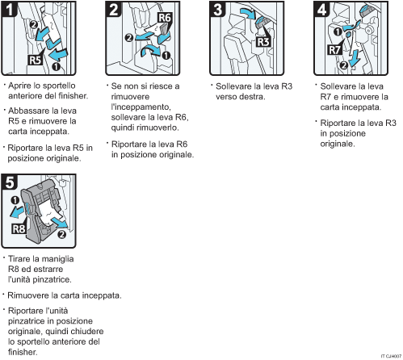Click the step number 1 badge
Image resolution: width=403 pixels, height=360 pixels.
(x=10, y=9)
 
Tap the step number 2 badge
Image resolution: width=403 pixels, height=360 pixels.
(x=114, y=9)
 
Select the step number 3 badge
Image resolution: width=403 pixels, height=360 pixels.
(x=218, y=9)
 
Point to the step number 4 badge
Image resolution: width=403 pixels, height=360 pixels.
(x=322, y=9)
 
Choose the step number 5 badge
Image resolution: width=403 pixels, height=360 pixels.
(x=10, y=182)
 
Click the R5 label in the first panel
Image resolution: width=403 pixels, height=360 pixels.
(x=36, y=61)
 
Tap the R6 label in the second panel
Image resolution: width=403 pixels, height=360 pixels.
(x=165, y=18)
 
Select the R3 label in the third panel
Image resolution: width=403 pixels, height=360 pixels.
(x=263, y=42)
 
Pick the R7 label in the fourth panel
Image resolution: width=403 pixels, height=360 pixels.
(x=334, y=50)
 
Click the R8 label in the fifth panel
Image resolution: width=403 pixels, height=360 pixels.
(x=19, y=229)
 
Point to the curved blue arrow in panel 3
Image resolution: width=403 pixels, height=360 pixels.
(x=248, y=12)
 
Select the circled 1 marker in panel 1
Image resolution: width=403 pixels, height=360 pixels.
(x=56, y=66)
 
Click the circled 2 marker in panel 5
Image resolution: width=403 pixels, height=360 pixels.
(x=61, y=234)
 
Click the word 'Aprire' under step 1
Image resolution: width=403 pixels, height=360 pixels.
(x=20, y=86)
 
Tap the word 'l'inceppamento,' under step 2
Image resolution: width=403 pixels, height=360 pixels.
(x=141, y=107)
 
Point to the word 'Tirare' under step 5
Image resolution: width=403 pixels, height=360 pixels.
(x=19, y=259)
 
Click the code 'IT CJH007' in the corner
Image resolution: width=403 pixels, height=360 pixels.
(x=391, y=356)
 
